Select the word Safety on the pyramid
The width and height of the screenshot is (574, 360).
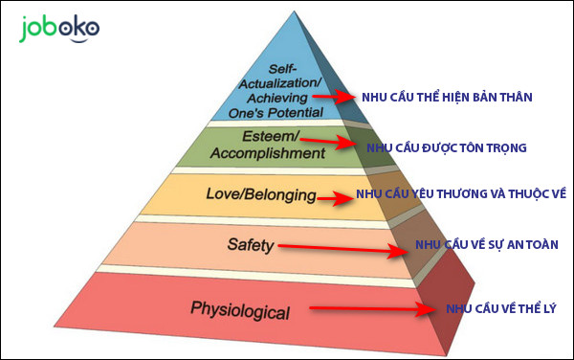[251, 245]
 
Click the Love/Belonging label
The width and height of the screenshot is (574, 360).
[260, 195]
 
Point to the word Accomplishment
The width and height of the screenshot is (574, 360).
[269, 152]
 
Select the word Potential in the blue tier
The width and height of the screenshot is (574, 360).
[317, 113]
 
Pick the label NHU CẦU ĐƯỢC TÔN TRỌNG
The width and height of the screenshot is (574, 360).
[445, 148]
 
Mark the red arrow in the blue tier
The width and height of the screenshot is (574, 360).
[335, 97]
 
